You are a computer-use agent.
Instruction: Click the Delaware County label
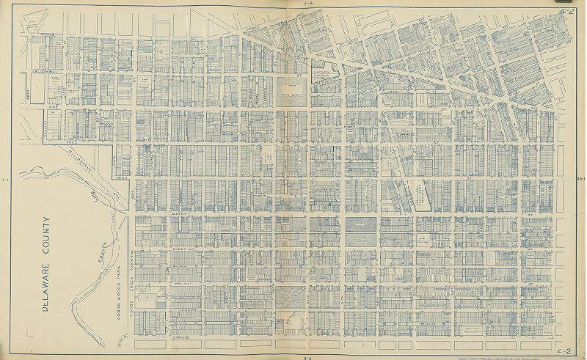coord(45,264)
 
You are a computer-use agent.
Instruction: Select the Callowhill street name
coord(45,71)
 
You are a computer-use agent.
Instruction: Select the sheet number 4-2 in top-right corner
coord(565,12)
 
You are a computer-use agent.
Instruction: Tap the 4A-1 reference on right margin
coord(580,178)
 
